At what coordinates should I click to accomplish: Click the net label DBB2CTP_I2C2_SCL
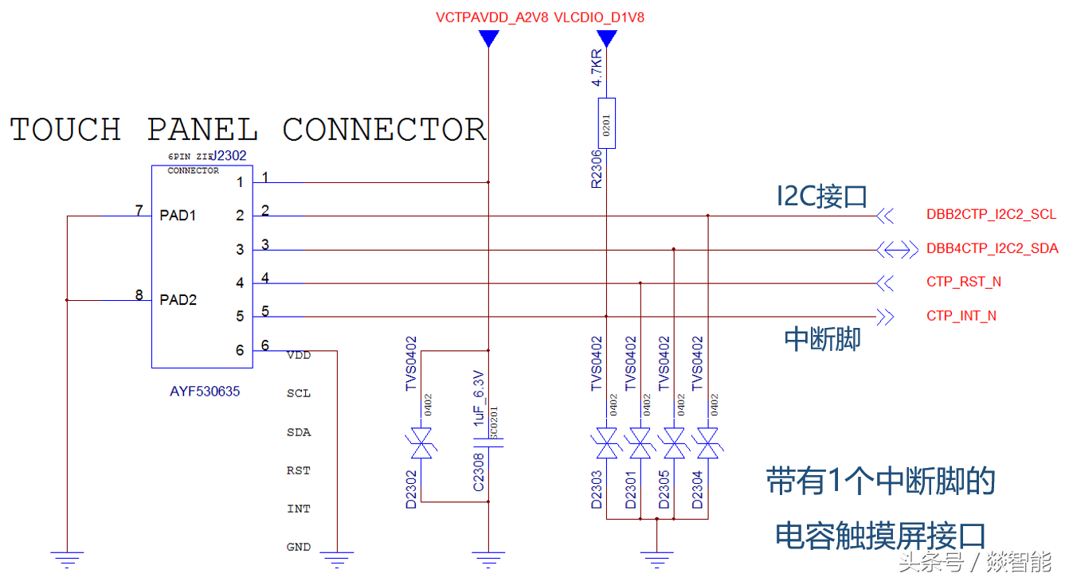pyautogui.click(x=991, y=215)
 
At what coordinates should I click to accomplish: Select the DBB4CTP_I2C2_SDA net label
pyautogui.click(x=992, y=249)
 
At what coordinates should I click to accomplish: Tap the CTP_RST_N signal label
pyautogui.click(x=963, y=283)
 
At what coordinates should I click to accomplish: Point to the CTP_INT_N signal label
pyautogui.click(x=961, y=316)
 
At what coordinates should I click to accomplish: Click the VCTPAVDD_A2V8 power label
pyautogui.click(x=491, y=18)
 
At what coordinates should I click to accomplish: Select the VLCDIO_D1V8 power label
pyautogui.click(x=598, y=18)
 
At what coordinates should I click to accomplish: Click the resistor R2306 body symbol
pyautogui.click(x=607, y=124)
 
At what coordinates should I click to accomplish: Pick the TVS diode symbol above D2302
pyautogui.click(x=421, y=443)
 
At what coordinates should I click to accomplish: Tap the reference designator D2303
pyautogui.click(x=597, y=487)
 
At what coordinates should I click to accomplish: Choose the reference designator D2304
pyautogui.click(x=698, y=487)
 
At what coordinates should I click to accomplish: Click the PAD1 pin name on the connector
pyautogui.click(x=178, y=216)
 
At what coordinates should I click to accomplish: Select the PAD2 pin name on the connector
pyautogui.click(x=178, y=300)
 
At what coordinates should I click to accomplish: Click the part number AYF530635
pyautogui.click(x=205, y=392)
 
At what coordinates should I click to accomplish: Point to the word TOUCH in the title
pyautogui.click(x=65, y=130)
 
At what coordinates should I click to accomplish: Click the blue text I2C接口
pyautogui.click(x=821, y=197)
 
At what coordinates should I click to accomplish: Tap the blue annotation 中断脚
pyautogui.click(x=822, y=340)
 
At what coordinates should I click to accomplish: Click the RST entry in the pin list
pyautogui.click(x=298, y=470)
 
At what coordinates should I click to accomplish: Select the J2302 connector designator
pyautogui.click(x=230, y=158)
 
